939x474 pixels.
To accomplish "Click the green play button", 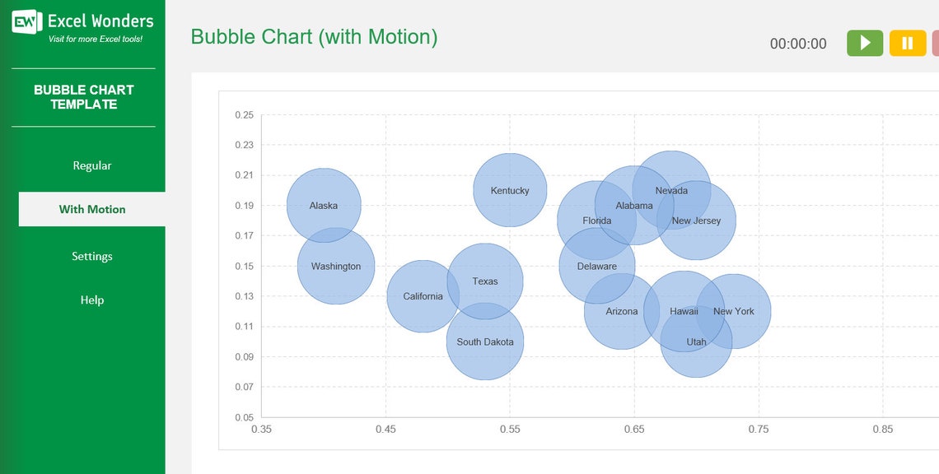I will point(864,44).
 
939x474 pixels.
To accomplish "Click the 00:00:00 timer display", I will point(797,44).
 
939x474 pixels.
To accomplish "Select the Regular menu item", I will point(91,165).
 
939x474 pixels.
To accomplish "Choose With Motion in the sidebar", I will point(91,209).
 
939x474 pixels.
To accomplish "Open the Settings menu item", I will point(91,256).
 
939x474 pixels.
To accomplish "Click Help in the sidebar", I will point(91,300).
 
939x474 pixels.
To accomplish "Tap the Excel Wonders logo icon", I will point(26,22).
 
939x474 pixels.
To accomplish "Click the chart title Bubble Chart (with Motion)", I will point(314,37).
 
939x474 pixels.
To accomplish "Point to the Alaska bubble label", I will point(323,206).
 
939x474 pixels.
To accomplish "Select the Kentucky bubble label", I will point(510,191).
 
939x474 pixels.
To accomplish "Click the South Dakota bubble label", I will point(485,342).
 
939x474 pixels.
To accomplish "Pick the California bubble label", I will point(423,297).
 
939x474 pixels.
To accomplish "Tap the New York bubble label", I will point(733,312).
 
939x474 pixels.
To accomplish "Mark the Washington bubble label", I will point(335,267).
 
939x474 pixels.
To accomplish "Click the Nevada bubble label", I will point(671,191).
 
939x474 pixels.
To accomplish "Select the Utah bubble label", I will point(696,342).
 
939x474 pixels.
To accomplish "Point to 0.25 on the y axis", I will point(243,115).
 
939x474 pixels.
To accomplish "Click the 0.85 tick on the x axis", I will point(882,430).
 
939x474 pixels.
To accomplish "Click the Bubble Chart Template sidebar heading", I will point(83,97).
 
